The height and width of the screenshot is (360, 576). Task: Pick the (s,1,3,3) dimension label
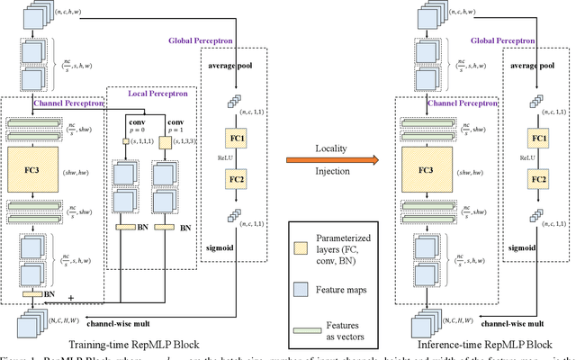click(194, 142)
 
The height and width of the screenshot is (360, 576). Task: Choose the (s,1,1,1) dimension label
click(148, 142)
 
